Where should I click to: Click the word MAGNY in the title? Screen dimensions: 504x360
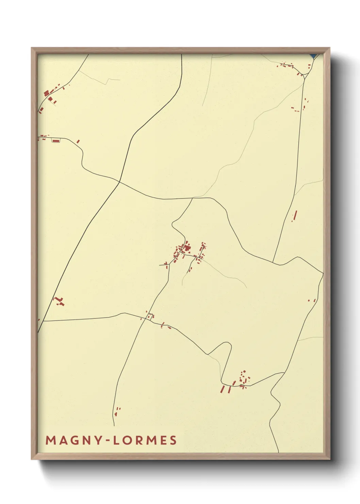(x=73, y=440)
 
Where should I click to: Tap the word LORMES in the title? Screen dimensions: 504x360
(x=145, y=440)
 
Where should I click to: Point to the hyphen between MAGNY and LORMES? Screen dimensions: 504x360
(x=107, y=441)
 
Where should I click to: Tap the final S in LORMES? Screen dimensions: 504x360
(x=173, y=440)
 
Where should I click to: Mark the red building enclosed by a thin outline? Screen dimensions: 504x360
(x=56, y=140)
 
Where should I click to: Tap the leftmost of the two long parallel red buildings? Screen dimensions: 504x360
(x=223, y=389)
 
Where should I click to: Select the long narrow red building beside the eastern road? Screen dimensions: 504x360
(x=295, y=215)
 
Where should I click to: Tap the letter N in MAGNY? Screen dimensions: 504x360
(x=86, y=440)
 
